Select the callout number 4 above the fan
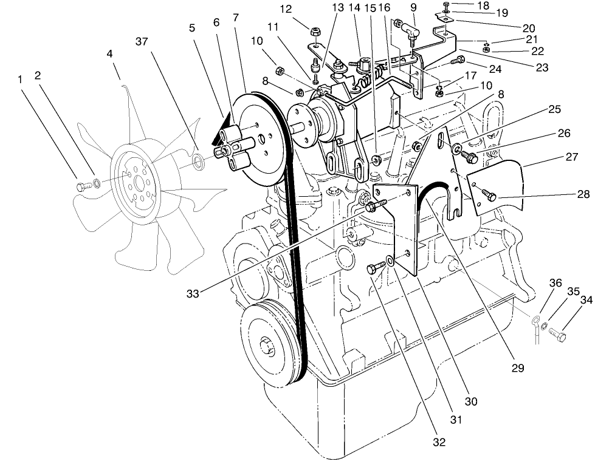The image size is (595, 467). click(x=110, y=53)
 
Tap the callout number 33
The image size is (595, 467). click(x=193, y=294)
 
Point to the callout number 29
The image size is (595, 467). click(x=517, y=368)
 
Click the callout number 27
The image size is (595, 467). click(x=571, y=156)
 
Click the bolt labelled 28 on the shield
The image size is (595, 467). click(x=489, y=194)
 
